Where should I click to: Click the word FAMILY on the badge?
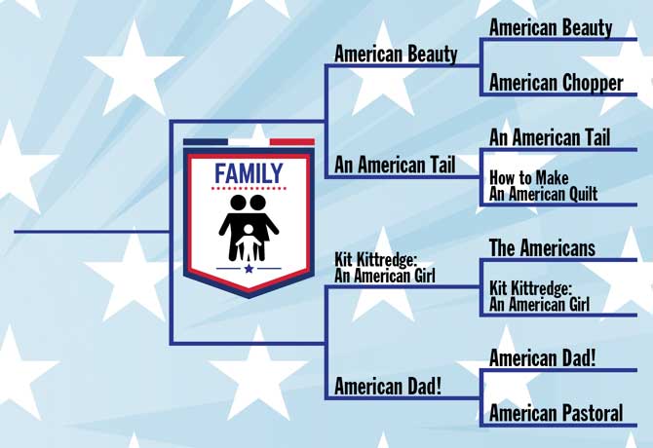(249, 173)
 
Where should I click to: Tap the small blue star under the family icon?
(250, 269)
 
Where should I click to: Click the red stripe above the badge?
(292, 142)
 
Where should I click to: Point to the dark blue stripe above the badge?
(206, 142)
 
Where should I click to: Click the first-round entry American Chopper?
(556, 83)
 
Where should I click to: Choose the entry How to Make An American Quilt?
(543, 186)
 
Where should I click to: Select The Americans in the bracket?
(542, 248)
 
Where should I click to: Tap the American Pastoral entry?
(556, 413)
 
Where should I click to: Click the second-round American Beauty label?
(396, 55)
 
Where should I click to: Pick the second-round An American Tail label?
(395, 165)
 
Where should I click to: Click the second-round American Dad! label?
(388, 386)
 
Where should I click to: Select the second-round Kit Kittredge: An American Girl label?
(385, 268)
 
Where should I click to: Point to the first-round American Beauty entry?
(551, 28)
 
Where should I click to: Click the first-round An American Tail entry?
(550, 137)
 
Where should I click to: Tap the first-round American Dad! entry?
(542, 358)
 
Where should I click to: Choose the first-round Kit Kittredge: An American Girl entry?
(539, 296)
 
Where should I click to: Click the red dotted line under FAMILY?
(249, 188)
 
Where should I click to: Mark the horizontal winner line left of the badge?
(92, 232)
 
